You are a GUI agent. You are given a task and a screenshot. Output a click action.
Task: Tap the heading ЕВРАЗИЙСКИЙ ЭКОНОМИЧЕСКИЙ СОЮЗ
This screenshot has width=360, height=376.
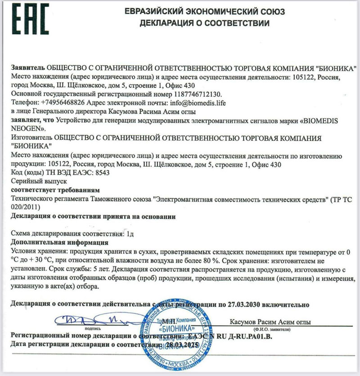pos(204,11)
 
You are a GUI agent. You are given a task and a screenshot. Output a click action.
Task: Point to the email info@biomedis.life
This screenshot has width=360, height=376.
pos(197,103)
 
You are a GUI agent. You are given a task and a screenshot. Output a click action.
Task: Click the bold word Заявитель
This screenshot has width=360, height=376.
pos(28,68)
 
